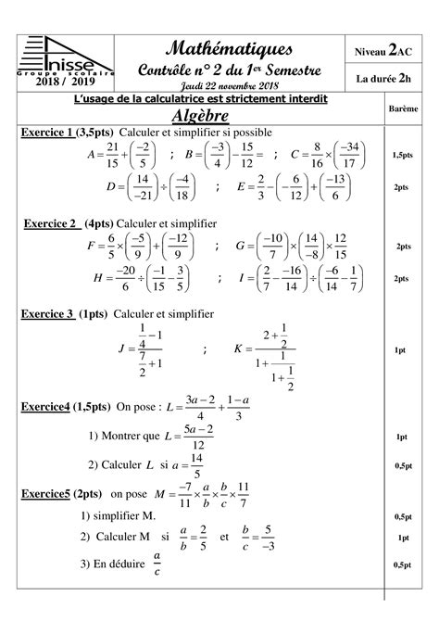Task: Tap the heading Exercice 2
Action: coord(50,223)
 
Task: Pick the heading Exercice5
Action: coord(45,495)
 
